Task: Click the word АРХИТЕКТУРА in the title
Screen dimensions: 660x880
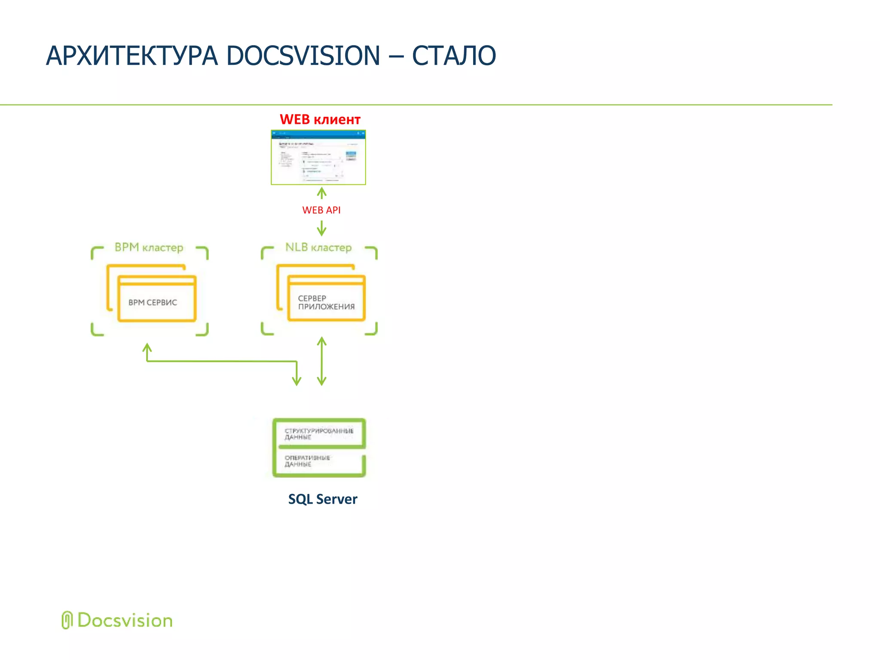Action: coord(131,56)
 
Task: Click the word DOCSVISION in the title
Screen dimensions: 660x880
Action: coord(303,56)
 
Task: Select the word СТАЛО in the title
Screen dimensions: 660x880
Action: coord(454,56)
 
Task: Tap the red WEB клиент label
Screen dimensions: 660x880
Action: coord(320,119)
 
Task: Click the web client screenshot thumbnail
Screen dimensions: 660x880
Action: coord(318,158)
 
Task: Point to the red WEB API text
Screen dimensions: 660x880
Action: coord(321,210)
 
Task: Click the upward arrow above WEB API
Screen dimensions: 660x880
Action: coord(321,193)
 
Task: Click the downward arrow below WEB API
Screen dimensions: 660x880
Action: coord(321,228)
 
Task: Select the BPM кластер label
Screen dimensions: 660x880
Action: coord(149,247)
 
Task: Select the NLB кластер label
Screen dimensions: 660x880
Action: coord(318,247)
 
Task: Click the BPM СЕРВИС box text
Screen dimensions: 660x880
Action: coord(153,302)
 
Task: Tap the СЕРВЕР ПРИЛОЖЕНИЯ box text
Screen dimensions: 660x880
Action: coord(326,302)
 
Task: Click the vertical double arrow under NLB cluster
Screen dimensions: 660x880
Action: coord(321,361)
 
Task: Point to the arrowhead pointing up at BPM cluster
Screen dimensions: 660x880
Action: coord(147,347)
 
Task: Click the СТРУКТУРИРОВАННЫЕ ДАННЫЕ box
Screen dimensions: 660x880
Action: coord(319,434)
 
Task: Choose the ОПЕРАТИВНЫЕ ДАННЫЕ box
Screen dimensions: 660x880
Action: coord(319,461)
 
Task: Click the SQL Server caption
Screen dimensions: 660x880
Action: coord(322,499)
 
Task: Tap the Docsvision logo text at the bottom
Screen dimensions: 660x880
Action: coord(125,621)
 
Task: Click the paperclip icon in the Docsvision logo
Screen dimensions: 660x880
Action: coord(67,620)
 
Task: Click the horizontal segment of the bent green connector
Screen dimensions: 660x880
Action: coord(221,361)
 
